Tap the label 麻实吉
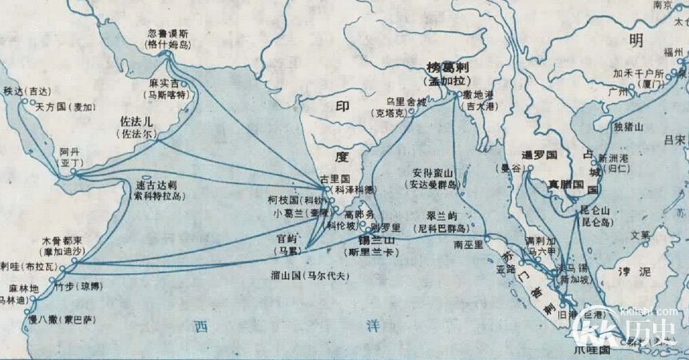165,82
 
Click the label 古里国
335,179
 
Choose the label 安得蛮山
434,172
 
